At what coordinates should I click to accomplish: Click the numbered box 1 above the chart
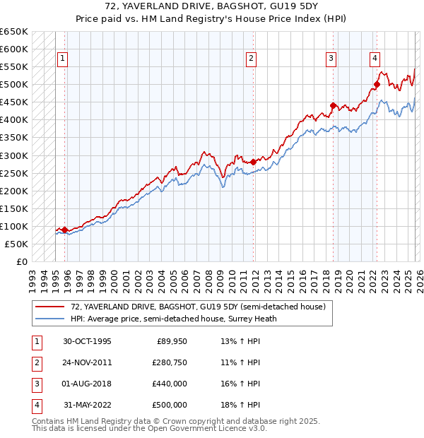pyautogui.click(x=63, y=59)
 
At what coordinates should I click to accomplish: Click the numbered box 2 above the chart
pyautogui.click(x=252, y=59)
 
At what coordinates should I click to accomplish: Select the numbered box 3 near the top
pyautogui.click(x=331, y=59)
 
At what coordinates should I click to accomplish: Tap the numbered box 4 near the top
pyautogui.click(x=375, y=59)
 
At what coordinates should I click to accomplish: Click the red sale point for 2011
pyautogui.click(x=253, y=162)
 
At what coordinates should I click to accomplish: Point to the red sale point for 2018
pyautogui.click(x=333, y=106)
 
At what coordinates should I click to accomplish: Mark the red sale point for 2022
pyautogui.click(x=377, y=85)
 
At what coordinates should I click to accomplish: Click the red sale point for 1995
pyautogui.click(x=65, y=230)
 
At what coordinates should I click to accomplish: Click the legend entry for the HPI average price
pyautogui.click(x=172, y=319)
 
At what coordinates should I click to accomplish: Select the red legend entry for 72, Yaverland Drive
pyautogui.click(x=197, y=307)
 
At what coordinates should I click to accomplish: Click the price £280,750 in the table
pyautogui.click(x=167, y=362)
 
